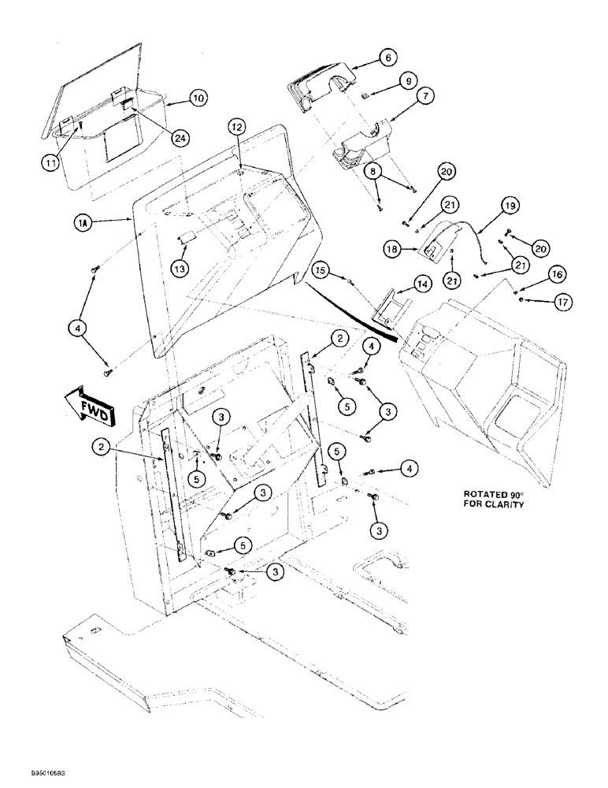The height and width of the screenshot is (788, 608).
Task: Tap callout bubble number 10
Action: (197, 98)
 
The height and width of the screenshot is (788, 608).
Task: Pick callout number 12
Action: (239, 126)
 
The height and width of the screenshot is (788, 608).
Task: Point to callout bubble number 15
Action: (320, 270)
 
